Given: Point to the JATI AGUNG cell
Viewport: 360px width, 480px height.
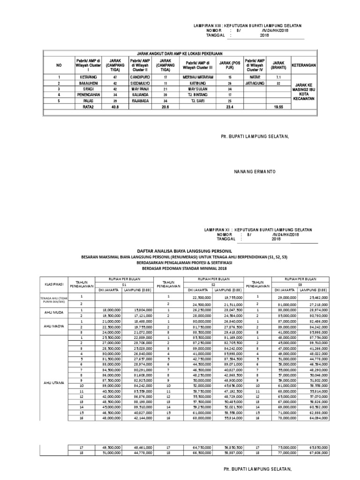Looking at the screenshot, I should coord(254,82).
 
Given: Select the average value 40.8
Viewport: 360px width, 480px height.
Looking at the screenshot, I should coord(115,106).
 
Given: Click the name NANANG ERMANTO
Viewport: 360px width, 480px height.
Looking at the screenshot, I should coord(255,172).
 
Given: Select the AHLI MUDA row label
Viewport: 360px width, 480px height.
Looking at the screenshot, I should coord(53,313).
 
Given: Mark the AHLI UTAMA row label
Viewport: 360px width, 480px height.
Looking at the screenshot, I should coord(53,383).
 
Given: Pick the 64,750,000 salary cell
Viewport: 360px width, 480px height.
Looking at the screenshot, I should coord(200,448).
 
